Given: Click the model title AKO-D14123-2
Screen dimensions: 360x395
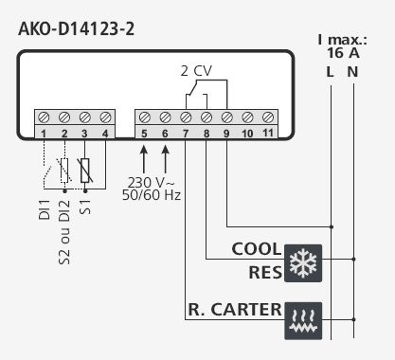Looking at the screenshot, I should tap(76, 27).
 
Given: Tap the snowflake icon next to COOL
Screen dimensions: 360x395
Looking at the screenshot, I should tap(303, 261).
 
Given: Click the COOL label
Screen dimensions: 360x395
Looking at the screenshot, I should tap(256, 250).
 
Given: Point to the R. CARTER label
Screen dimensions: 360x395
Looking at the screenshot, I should tap(234, 309).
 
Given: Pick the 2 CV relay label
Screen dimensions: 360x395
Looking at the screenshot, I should tap(197, 71).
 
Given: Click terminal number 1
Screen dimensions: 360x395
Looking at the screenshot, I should tap(44, 133).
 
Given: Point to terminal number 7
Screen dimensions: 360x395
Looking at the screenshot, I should tap(186, 133).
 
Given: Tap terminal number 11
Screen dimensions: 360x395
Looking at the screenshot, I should tap(268, 133).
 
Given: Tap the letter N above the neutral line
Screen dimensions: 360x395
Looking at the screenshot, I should tap(353, 71).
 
